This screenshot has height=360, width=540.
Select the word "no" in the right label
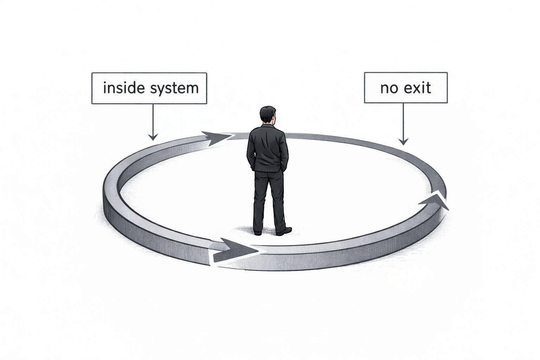388,88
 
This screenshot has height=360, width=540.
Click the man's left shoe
258,232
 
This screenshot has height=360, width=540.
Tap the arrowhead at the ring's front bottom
236,250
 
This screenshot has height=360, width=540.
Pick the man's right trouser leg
278,200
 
